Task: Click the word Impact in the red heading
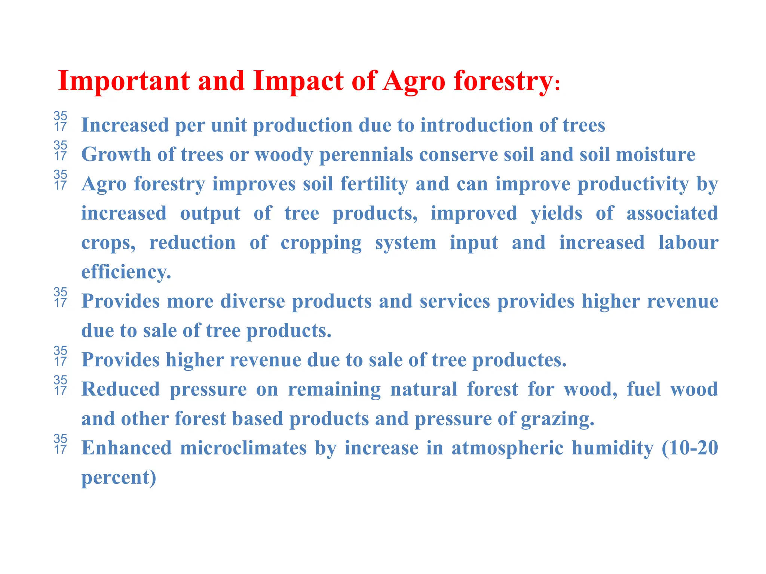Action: click(x=298, y=81)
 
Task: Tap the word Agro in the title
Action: click(x=414, y=81)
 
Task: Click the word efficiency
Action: click(x=126, y=272)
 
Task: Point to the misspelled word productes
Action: click(x=519, y=360)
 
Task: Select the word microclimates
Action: click(x=243, y=448)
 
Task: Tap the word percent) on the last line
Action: click(x=119, y=478)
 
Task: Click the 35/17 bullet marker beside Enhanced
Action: click(x=60, y=444)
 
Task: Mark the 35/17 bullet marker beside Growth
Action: click(x=60, y=151)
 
